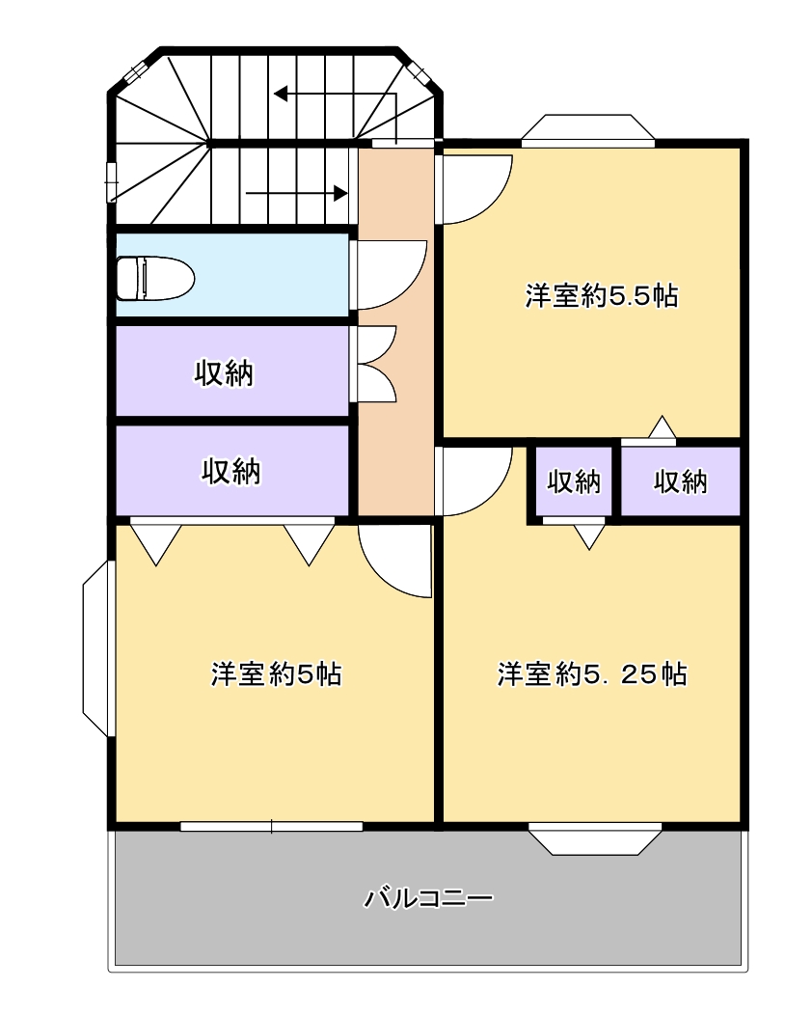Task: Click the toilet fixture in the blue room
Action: click(x=155, y=278)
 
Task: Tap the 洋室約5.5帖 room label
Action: click(x=601, y=296)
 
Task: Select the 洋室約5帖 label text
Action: click(x=277, y=673)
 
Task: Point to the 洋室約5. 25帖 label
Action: click(x=592, y=673)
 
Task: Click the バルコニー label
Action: click(x=428, y=898)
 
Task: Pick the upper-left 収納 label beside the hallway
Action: click(x=225, y=372)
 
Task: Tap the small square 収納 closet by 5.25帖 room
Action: click(x=574, y=481)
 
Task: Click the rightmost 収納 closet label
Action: click(x=681, y=481)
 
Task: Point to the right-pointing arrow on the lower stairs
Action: click(x=297, y=193)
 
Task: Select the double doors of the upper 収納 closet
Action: click(x=373, y=365)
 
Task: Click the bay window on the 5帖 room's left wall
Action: click(x=98, y=648)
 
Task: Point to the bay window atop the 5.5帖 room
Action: click(x=588, y=127)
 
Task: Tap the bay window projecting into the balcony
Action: click(x=595, y=839)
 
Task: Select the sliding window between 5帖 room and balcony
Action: click(x=271, y=826)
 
